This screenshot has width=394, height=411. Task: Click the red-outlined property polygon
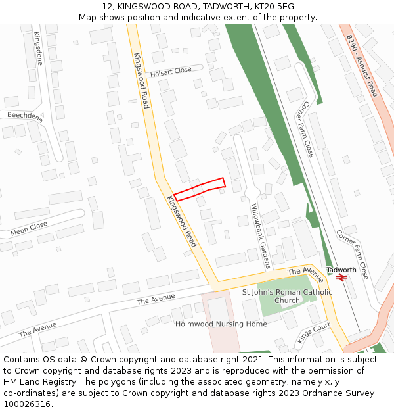200,189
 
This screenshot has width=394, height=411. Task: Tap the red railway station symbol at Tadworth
341,278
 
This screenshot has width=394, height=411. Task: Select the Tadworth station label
341,270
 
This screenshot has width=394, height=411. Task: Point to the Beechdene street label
25,117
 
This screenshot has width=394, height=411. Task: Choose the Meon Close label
29,229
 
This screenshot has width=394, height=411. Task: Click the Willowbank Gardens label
260,235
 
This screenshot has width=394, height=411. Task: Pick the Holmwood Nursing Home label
221,324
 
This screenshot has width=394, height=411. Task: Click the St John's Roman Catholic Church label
287,296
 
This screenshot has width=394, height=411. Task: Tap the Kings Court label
313,333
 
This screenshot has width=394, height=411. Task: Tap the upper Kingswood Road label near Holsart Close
141,80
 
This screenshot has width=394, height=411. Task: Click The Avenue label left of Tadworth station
305,270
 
